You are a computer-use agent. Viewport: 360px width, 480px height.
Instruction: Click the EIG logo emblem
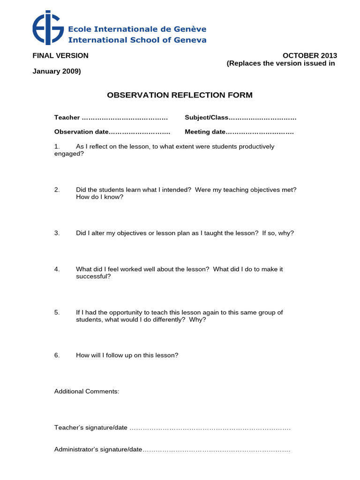tap(48, 28)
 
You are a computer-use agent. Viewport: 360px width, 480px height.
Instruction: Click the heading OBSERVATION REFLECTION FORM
tap(180, 95)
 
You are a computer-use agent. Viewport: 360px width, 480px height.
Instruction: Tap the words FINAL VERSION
tap(60, 56)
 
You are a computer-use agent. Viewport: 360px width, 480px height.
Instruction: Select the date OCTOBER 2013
tap(309, 56)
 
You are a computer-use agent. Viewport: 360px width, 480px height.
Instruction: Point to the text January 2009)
tap(56, 71)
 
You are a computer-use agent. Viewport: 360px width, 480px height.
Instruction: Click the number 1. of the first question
tap(57, 147)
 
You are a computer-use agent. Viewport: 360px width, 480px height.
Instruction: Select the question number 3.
tap(57, 233)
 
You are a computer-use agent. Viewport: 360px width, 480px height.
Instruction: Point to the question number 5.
tap(57, 312)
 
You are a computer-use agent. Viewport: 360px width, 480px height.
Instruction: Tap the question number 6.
tap(57, 355)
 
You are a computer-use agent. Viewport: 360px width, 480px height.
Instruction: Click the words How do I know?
tap(100, 197)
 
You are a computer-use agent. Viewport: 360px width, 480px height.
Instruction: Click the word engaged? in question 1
tap(69, 154)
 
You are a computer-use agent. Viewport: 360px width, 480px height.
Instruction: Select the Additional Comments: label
tap(87, 391)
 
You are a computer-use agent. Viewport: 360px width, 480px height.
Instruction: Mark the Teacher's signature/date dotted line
tap(210, 428)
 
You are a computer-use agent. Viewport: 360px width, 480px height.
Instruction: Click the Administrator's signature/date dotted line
tap(216, 450)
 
